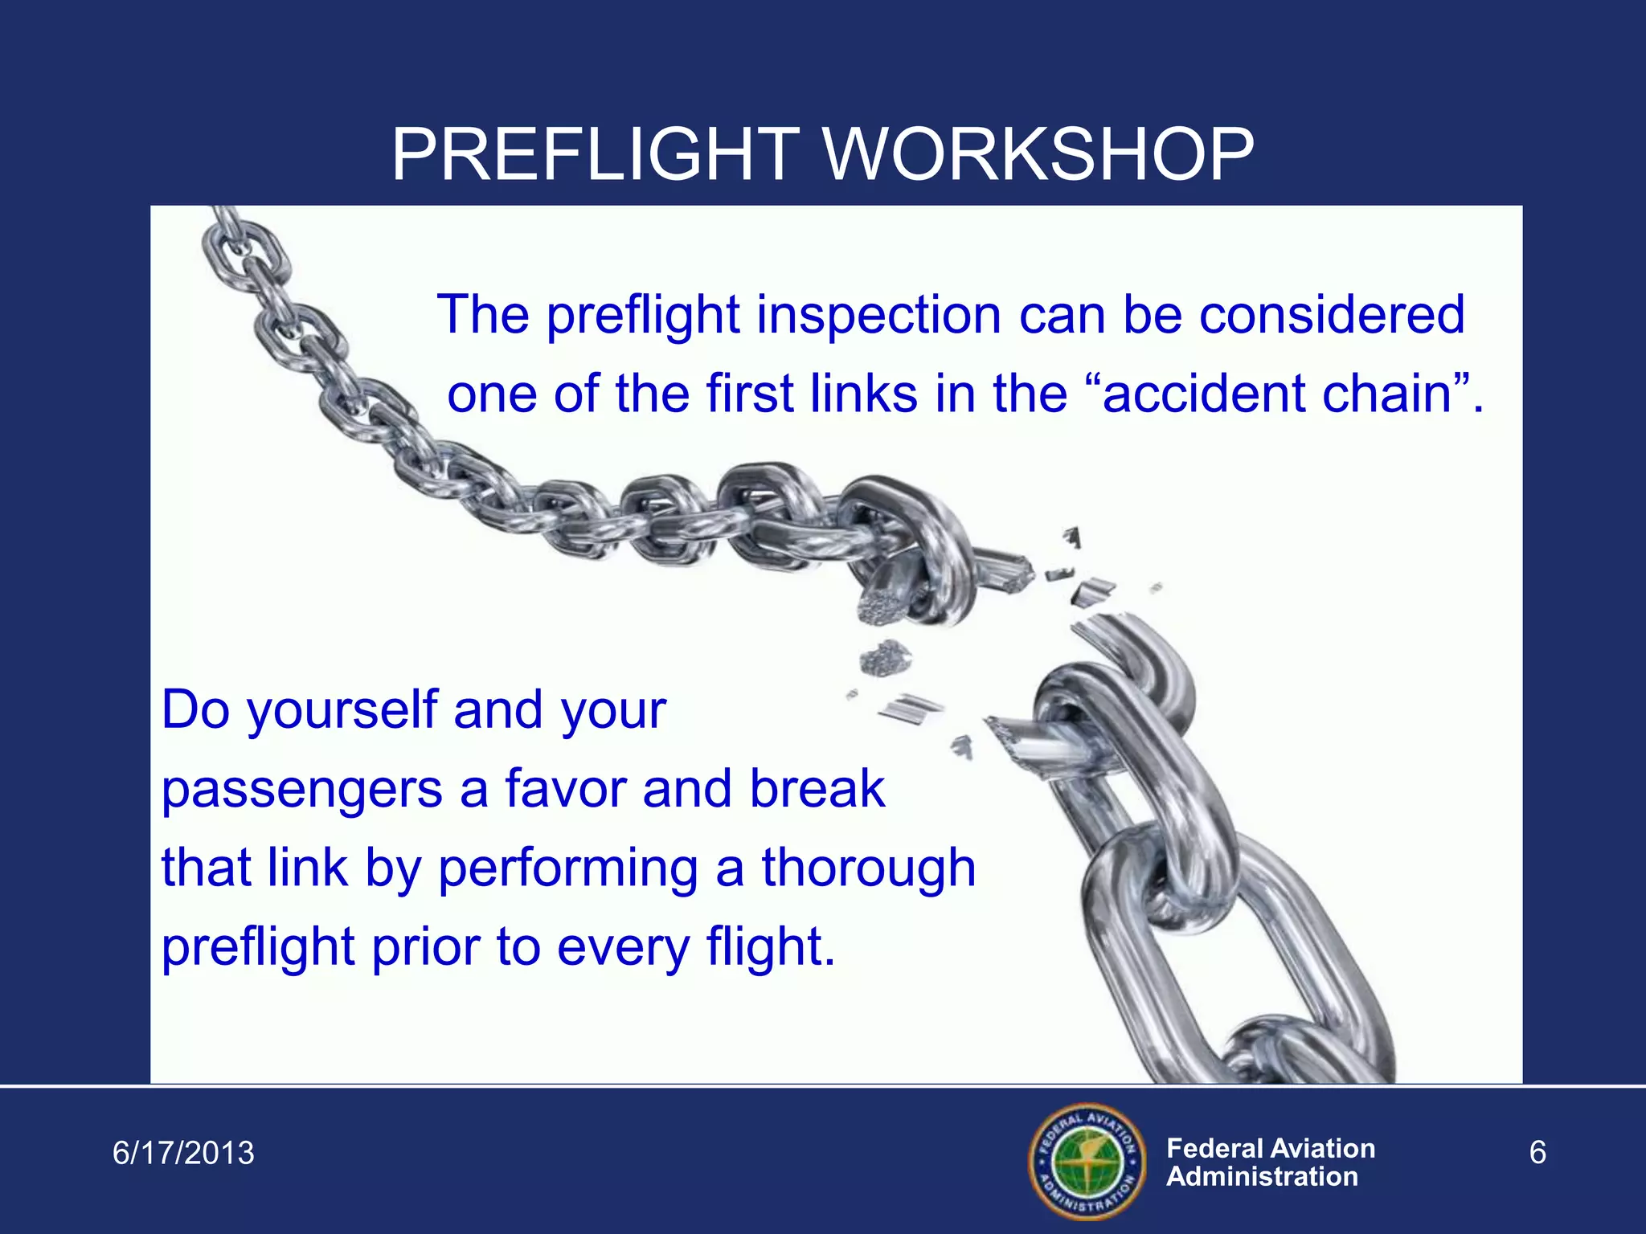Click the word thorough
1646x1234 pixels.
point(868,869)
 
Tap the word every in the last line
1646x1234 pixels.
point(623,948)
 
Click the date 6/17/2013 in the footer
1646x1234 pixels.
point(183,1154)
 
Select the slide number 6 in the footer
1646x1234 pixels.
point(1537,1154)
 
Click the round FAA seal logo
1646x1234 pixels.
point(1087,1161)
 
